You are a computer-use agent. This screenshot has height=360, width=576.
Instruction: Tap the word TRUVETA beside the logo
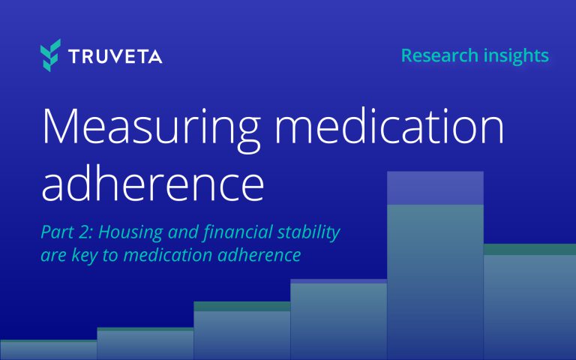pyautogui.click(x=115, y=57)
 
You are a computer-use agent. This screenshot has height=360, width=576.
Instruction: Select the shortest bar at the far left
pyautogui.click(x=48, y=350)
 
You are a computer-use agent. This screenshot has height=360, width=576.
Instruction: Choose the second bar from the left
pyautogui.click(x=145, y=344)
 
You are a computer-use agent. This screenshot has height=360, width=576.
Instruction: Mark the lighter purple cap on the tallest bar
pyautogui.click(x=435, y=187)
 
